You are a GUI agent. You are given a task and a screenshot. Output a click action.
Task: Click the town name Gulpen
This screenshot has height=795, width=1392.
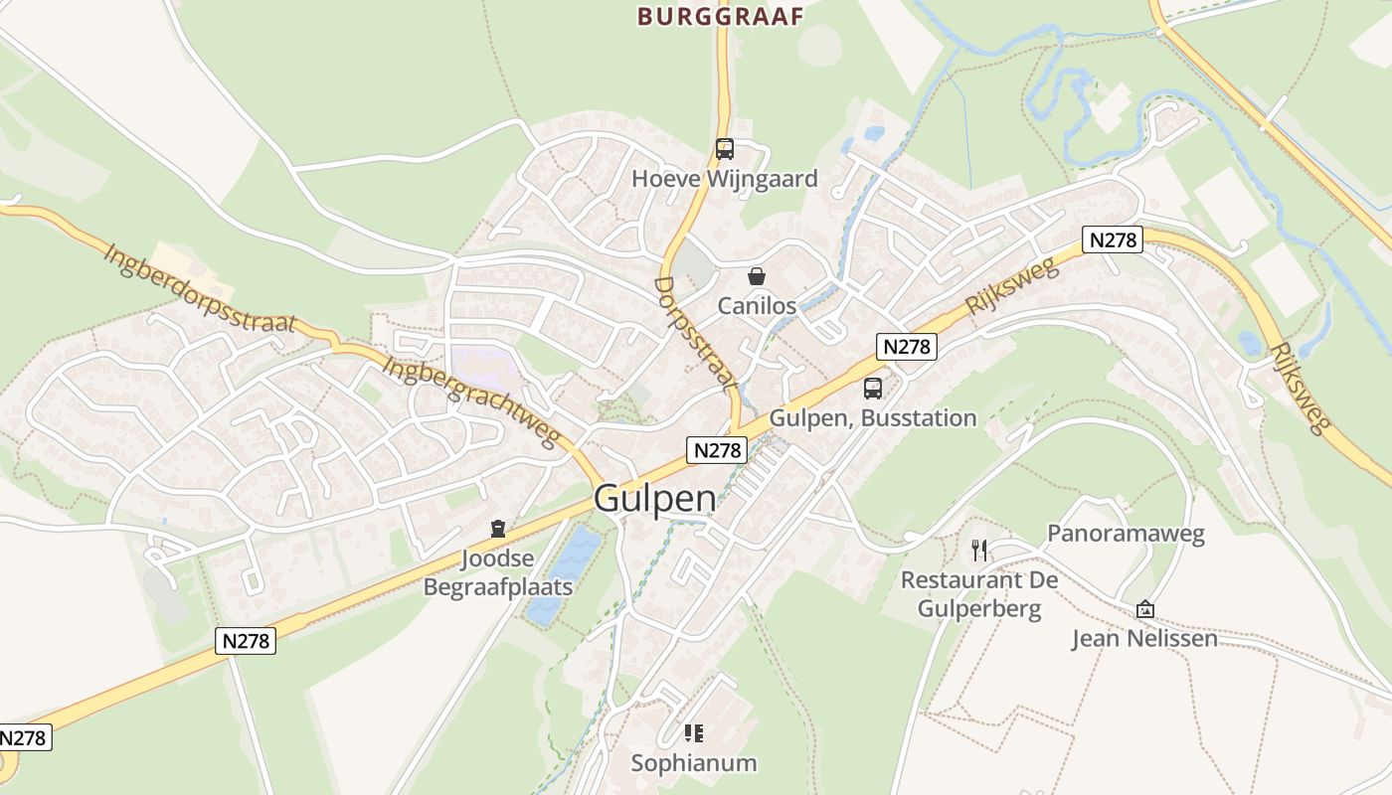pyautogui.click(x=655, y=498)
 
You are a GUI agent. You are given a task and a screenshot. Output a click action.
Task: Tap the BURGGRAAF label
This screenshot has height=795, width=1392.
pyautogui.click(x=720, y=16)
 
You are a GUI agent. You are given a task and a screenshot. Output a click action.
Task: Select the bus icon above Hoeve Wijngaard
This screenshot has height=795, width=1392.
pyautogui.click(x=725, y=149)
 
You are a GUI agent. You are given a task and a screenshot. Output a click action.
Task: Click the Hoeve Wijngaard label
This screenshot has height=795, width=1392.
pyautogui.click(x=725, y=179)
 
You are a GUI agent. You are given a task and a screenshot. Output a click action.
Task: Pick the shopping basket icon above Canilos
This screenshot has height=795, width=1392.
pyautogui.click(x=757, y=276)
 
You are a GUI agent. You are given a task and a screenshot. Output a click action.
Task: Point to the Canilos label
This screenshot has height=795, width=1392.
pyautogui.click(x=757, y=305)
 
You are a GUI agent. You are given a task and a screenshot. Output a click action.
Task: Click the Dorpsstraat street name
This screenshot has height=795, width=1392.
pyautogui.click(x=696, y=333)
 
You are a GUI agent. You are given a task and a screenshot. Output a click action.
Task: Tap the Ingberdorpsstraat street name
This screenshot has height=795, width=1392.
pyautogui.click(x=200, y=288)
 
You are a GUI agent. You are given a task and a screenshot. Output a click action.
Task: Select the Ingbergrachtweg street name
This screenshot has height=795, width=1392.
pyautogui.click(x=472, y=401)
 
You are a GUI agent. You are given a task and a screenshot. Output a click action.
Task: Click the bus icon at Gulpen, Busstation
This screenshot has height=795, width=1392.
pyautogui.click(x=872, y=389)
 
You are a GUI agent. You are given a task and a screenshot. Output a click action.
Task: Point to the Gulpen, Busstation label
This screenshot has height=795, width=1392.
pyautogui.click(x=872, y=417)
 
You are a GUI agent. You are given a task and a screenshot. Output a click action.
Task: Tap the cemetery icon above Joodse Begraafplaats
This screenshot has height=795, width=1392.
pyautogui.click(x=498, y=529)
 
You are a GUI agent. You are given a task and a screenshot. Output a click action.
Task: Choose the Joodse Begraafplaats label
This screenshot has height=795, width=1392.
pyautogui.click(x=498, y=572)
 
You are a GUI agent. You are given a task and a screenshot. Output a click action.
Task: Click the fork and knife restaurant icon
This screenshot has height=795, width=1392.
pyautogui.click(x=979, y=550)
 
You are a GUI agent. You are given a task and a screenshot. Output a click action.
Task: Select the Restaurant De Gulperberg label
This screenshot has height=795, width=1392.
pyautogui.click(x=979, y=593)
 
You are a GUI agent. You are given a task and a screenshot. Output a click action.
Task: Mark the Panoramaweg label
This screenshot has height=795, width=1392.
pyautogui.click(x=1126, y=534)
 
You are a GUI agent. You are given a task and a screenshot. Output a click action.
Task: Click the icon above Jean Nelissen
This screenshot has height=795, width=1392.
pyautogui.click(x=1144, y=609)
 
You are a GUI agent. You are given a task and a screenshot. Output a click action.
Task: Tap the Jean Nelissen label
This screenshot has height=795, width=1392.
pyautogui.click(x=1144, y=638)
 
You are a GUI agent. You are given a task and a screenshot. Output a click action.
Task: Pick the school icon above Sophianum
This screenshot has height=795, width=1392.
pyautogui.click(x=694, y=733)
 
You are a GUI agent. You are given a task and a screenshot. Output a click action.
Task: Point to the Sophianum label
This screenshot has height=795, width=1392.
pyautogui.click(x=694, y=763)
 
